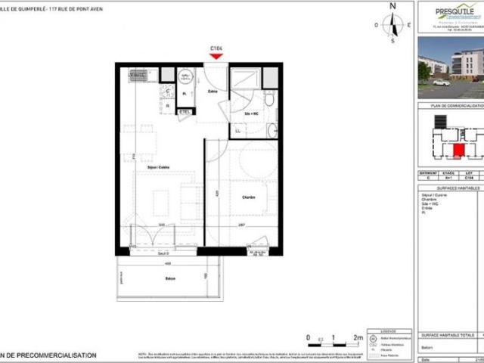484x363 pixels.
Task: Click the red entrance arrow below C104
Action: [x=218, y=56]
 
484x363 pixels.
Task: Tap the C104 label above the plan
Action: [x=218, y=48]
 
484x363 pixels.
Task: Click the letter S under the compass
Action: [x=392, y=42]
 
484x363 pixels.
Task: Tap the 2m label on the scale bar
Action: [x=358, y=338]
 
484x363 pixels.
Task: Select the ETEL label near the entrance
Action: [x=184, y=113]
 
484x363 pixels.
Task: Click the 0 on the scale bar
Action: [x=309, y=338]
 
